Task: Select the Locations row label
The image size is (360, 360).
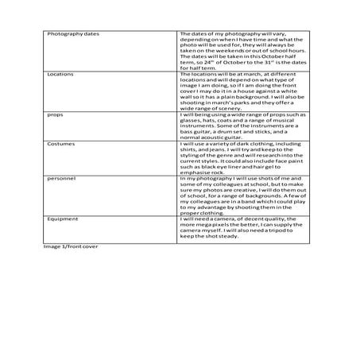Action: tap(60, 72)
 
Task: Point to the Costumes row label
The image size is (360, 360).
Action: tap(60, 145)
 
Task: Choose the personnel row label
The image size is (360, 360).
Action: tap(60, 181)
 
